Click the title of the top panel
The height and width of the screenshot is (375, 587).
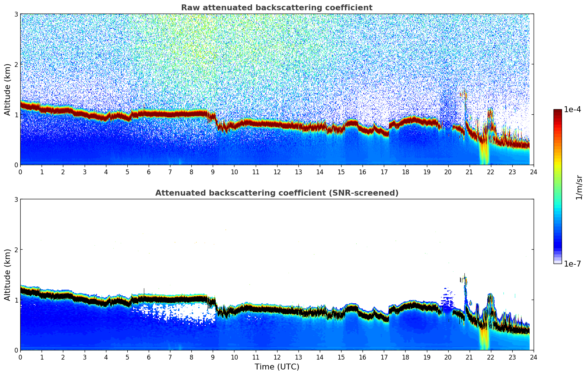(276, 8)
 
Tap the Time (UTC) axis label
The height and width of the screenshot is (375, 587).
(277, 367)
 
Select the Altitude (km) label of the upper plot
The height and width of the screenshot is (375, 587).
(7, 89)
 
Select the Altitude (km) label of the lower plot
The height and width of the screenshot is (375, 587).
(7, 275)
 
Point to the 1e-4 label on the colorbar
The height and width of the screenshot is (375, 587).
(572, 110)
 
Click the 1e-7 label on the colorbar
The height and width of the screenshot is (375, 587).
(572, 264)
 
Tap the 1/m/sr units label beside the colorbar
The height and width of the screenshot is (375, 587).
(579, 187)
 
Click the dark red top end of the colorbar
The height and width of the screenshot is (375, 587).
(558, 111)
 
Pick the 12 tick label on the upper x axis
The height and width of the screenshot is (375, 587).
(277, 172)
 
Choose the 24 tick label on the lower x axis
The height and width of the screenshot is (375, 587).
(534, 357)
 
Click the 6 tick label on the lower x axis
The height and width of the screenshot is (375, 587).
(149, 357)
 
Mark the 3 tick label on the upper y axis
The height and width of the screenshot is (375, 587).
(16, 14)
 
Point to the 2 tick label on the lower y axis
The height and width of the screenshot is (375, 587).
(16, 250)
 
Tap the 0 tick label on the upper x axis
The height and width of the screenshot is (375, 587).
(20, 172)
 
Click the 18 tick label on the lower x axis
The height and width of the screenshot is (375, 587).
(405, 357)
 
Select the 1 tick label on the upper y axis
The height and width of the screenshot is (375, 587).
(16, 115)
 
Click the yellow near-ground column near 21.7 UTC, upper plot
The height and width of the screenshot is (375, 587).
(484, 154)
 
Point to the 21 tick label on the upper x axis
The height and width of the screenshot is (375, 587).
(469, 172)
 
